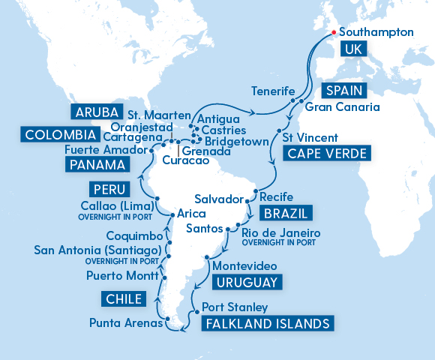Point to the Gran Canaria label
pos(342,107)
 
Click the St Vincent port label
pos(309,138)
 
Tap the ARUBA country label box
pos(97,112)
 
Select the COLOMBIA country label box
pos(59,135)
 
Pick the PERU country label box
pos(106,187)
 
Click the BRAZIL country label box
pos(285,211)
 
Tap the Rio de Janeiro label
pos(281,233)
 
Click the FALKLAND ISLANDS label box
pos(266,324)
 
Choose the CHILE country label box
pos(122,299)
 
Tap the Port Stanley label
pos(235,307)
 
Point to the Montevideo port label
pos(244,266)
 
